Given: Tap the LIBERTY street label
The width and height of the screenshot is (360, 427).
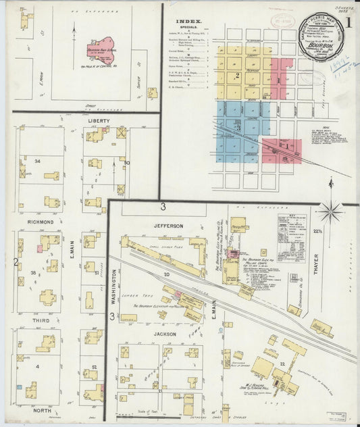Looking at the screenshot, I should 99,122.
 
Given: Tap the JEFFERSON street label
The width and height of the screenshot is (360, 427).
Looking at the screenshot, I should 168,225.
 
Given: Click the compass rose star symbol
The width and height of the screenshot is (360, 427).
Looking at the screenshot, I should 330,211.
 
